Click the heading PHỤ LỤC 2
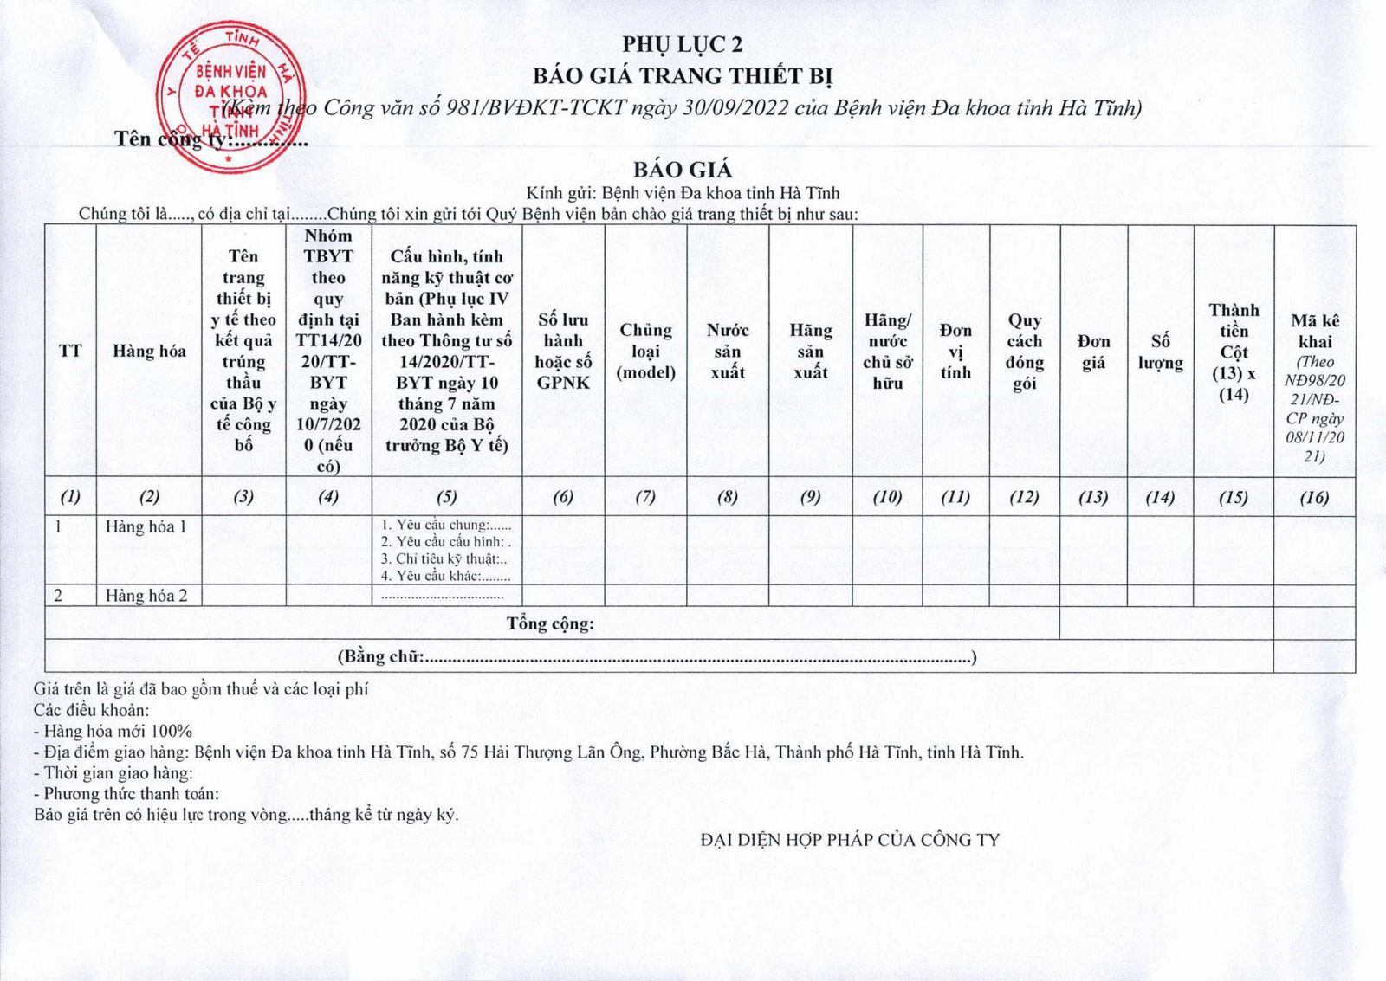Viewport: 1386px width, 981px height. (682, 44)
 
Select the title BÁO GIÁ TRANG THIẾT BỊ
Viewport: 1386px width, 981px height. (682, 75)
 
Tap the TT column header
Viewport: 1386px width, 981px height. (70, 351)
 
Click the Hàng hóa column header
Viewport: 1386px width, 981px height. (149, 351)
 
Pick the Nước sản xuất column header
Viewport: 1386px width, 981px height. (728, 351)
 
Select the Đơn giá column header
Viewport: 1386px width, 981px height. (1093, 351)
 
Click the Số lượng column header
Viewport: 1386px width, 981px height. (1160, 351)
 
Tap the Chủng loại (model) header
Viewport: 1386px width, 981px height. (645, 351)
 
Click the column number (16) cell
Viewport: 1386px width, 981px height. (1314, 497)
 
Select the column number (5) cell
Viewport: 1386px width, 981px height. (446, 497)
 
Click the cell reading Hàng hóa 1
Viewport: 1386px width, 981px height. (146, 526)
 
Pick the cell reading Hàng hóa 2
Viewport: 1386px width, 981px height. (146, 596)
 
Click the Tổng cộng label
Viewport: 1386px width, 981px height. (550, 623)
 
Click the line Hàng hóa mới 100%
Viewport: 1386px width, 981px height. (113, 731)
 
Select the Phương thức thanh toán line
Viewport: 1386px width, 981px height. (126, 793)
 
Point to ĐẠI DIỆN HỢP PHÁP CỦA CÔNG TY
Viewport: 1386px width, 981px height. (850, 839)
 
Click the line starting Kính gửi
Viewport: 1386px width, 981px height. (683, 193)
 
